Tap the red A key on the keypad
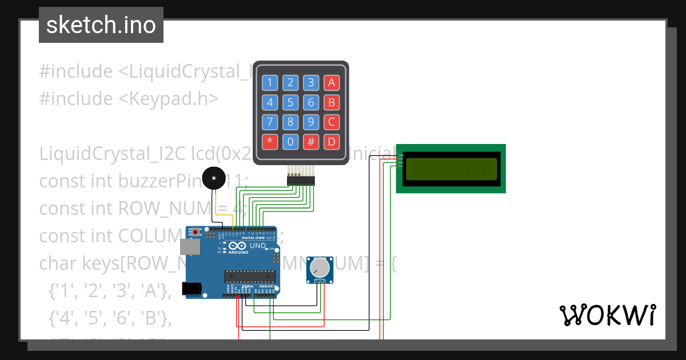tap(332, 83)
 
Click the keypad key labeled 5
tap(290, 102)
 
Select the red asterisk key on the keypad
tap(270, 142)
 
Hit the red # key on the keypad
tap(311, 142)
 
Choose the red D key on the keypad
tap(332, 142)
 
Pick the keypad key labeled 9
tap(311, 122)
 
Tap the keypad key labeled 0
tap(290, 142)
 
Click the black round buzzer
tap(213, 178)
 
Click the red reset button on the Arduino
tap(196, 233)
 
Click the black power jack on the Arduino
tap(192, 289)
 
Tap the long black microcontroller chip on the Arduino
tap(250, 277)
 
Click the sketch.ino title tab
tap(101, 25)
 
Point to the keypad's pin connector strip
tap(301, 181)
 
